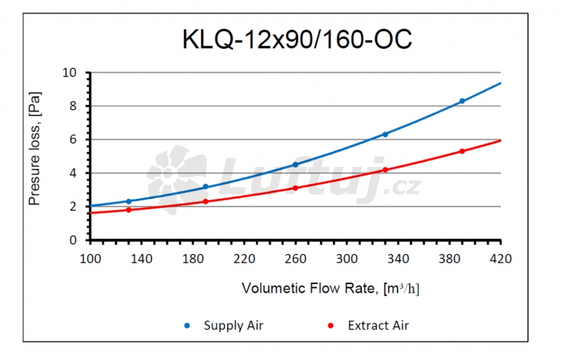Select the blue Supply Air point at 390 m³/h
(462, 101)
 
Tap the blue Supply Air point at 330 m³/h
(386, 134)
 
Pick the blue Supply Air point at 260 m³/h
(295, 165)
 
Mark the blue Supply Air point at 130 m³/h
(129, 201)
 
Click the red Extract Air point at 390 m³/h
(462, 151)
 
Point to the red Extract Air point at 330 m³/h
(386, 170)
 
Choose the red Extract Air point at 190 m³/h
(206, 202)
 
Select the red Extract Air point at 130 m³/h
(129, 209)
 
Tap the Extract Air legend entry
(378, 326)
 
